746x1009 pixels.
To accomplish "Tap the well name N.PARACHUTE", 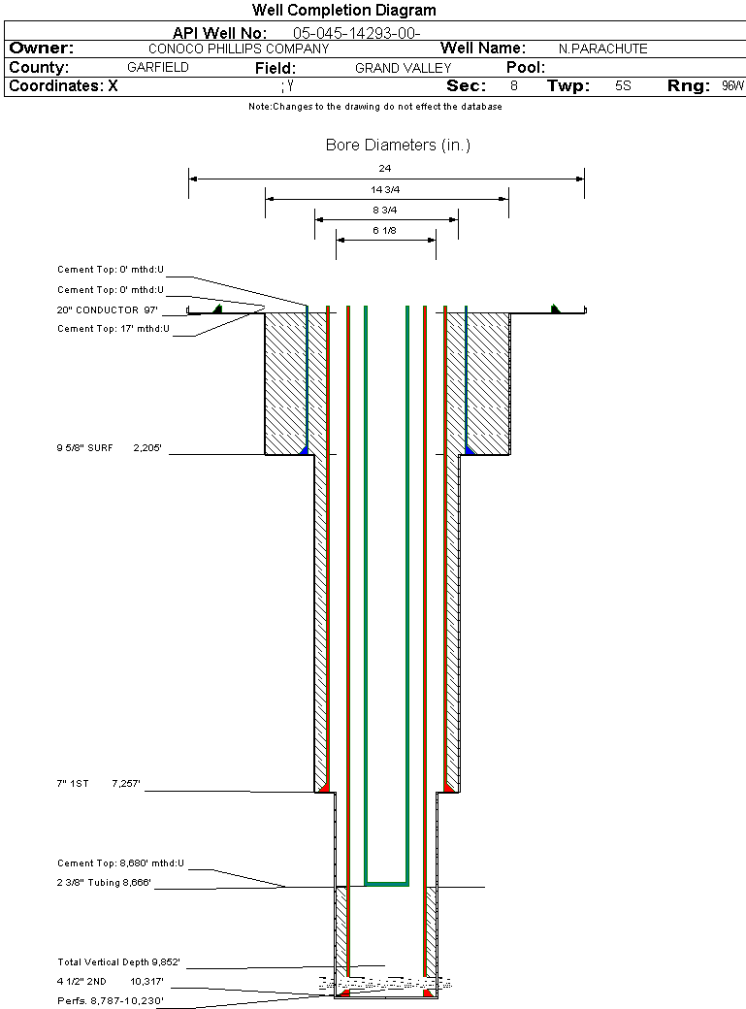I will [x=602, y=49].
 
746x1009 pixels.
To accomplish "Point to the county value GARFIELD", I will [x=158, y=68].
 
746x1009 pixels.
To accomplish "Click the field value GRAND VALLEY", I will [x=403, y=68].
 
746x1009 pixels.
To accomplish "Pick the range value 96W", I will [x=732, y=86].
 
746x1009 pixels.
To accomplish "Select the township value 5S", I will [x=623, y=86].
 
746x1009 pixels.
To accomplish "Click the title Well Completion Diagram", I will [x=343, y=11].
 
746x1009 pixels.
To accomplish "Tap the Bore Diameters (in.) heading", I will [x=398, y=146].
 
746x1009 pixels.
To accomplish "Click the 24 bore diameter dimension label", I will [x=385, y=169].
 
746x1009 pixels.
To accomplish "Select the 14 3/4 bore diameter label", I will [x=385, y=189].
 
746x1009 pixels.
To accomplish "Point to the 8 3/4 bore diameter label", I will [x=385, y=210].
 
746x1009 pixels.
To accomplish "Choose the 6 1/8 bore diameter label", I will [x=385, y=230].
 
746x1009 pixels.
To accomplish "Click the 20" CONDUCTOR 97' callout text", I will [x=108, y=310].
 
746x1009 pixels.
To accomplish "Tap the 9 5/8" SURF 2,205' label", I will [x=109, y=449].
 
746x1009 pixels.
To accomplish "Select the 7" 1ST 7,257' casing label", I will [x=99, y=783].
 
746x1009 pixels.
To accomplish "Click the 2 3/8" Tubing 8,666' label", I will [x=104, y=883].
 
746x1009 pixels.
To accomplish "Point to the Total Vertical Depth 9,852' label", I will [x=118, y=962].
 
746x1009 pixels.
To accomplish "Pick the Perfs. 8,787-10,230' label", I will [x=110, y=1000].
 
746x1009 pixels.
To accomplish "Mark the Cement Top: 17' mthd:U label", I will [x=114, y=329].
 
